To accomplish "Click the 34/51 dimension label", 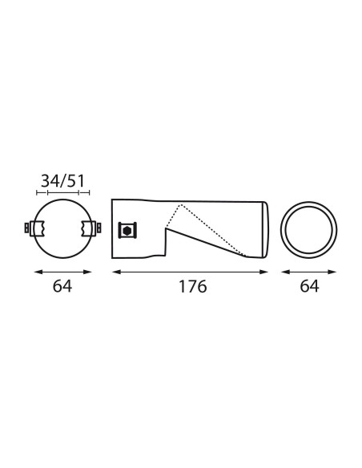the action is pos(62,181).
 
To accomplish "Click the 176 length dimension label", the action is pos(192,287).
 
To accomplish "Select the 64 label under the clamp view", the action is pos(62,286).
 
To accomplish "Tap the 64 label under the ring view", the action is pos(309,286).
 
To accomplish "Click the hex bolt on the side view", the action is pos(127,230).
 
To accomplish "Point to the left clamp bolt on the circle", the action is pos(27,228).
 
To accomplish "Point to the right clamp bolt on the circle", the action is pos(99,228).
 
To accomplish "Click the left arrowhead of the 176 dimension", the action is pos(116,272).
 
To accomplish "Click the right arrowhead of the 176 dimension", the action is pos(264,272).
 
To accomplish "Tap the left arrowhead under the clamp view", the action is pos(38,272).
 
